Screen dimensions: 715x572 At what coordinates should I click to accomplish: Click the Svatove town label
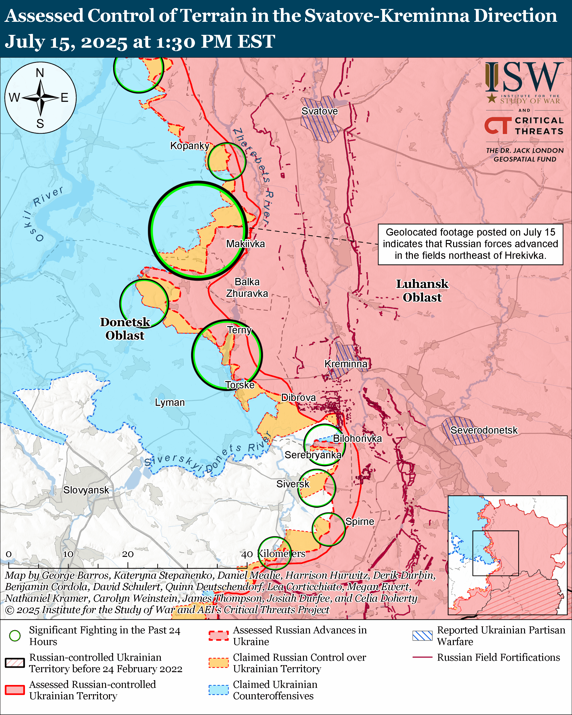[319, 111]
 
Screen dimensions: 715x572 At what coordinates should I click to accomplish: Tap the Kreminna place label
[346, 364]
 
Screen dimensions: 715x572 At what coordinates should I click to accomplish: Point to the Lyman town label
[170, 402]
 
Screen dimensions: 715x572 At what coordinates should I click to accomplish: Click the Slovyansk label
[86, 490]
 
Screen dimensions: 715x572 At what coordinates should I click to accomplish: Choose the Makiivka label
[245, 244]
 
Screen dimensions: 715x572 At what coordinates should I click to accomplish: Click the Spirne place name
[359, 521]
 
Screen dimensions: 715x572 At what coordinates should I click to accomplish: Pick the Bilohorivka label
[357, 438]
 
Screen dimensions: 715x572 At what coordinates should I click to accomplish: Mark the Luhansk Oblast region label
[422, 291]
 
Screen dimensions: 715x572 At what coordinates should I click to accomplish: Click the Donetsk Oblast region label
[125, 329]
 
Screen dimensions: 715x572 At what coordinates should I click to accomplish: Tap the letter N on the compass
[40, 73]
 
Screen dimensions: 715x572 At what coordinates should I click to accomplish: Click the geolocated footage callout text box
[470, 244]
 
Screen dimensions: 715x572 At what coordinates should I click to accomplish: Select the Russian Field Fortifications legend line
[422, 657]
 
